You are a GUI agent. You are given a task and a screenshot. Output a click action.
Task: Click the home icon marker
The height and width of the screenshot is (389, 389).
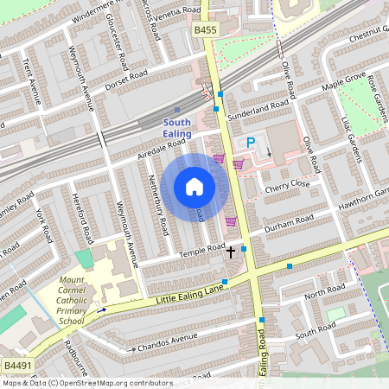pos(194,187)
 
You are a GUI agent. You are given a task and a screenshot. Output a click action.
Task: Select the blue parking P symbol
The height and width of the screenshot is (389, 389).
pos(251,143)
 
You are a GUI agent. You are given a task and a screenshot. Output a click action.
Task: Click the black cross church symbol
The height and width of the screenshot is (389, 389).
pos(230,252)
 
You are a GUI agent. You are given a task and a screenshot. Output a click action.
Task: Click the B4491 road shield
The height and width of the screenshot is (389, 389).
pos(16,366)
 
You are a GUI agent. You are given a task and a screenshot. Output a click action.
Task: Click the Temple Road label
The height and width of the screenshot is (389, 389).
pos(201,251)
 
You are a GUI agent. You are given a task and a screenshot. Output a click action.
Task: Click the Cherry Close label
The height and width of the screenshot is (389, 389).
pos(287,186)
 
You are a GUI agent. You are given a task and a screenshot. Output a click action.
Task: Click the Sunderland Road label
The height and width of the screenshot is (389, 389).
pos(257,110)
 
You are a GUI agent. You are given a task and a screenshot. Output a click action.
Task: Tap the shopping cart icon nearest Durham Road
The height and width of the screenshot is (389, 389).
pos(231,221)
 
